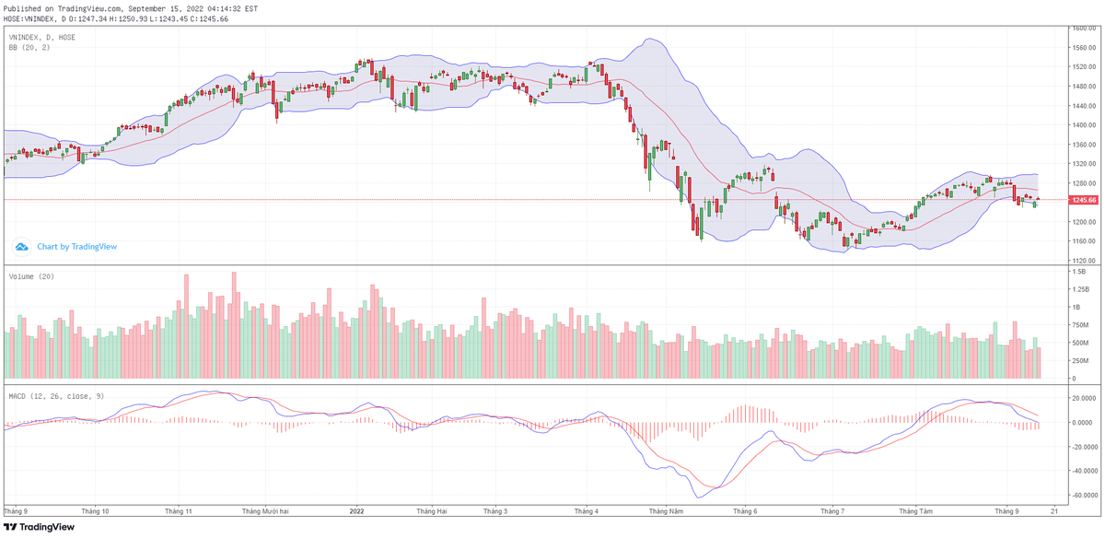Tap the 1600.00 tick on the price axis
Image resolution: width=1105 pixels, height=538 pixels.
click(x=1084, y=29)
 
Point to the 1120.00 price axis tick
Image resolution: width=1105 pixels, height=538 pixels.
click(x=1084, y=261)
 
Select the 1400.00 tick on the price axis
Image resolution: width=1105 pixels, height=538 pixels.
click(x=1084, y=125)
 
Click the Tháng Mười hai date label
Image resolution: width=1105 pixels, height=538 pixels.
click(x=264, y=509)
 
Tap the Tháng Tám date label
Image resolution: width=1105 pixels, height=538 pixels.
click(x=915, y=509)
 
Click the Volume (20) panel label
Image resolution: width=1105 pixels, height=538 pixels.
click(x=30, y=275)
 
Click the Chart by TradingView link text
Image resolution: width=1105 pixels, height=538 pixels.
click(x=76, y=247)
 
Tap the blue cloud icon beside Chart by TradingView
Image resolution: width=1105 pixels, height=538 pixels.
click(x=22, y=247)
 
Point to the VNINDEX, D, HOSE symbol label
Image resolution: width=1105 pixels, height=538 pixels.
click(x=42, y=37)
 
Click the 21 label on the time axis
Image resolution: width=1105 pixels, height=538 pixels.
click(x=1053, y=509)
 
